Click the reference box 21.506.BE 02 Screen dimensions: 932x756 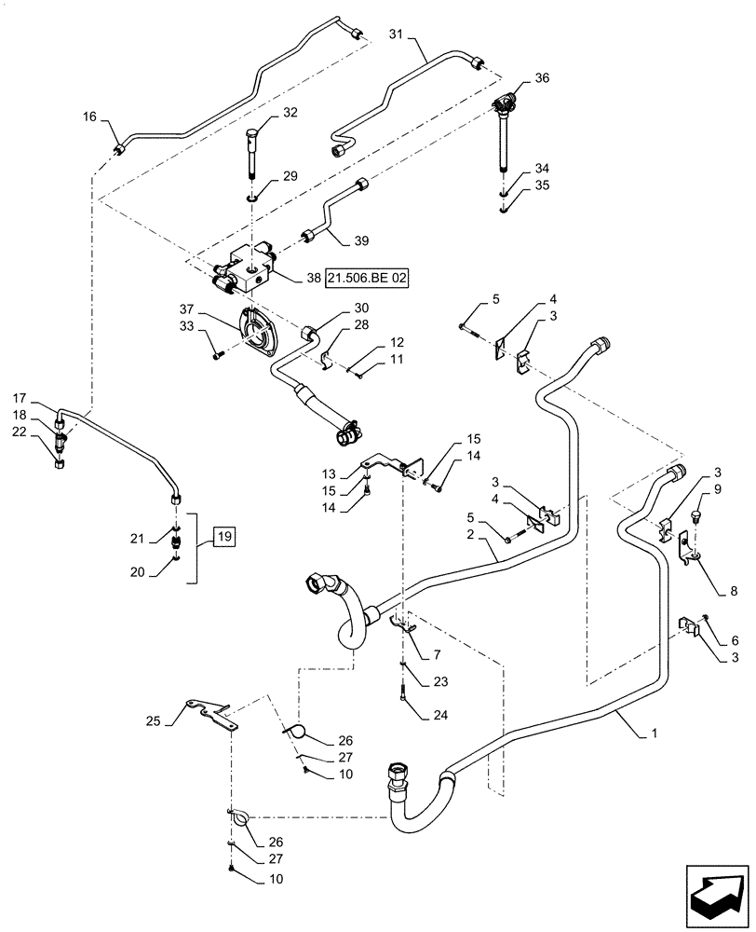point(370,277)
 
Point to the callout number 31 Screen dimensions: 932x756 point(395,35)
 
